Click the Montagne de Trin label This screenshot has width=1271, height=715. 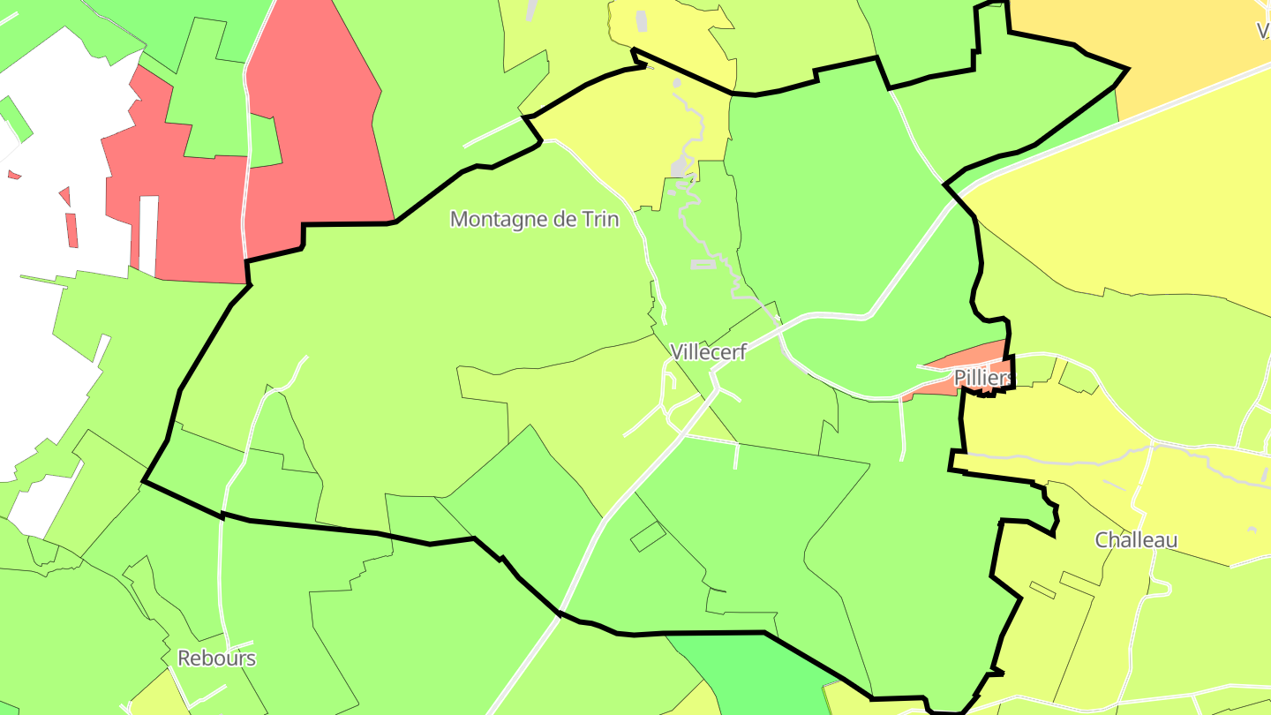[x=534, y=219]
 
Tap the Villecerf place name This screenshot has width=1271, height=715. [x=708, y=352]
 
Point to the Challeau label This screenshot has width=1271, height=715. [x=1136, y=540]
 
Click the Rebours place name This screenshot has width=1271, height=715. [x=216, y=658]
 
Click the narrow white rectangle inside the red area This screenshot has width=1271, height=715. [x=148, y=234]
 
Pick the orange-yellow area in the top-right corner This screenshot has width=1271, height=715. [x=1147, y=35]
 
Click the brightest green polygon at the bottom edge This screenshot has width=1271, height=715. [x=759, y=675]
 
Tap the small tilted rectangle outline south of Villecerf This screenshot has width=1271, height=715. [x=647, y=536]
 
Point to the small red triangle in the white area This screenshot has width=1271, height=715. [x=64, y=195]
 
